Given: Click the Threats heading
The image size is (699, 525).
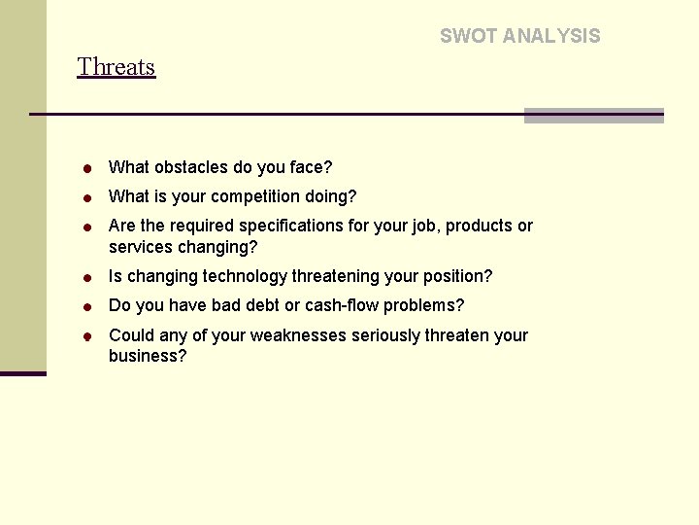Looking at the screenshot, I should pos(116,67).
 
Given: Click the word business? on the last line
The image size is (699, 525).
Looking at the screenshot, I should pos(148,356).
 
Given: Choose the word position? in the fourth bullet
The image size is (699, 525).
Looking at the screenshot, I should pos(456,277).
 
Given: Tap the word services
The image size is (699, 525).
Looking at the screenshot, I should pos(141,247).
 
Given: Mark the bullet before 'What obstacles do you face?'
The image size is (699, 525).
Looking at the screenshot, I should pos(86,169).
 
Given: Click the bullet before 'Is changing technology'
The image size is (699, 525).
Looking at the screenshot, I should pos(86,278).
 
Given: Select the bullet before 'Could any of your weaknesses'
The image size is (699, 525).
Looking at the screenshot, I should pos(86,337).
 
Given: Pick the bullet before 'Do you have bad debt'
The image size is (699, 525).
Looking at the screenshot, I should pos(86,307).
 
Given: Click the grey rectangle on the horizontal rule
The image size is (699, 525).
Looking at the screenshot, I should pos(593,116).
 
